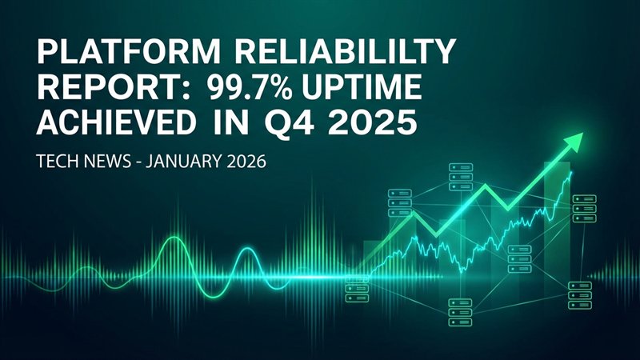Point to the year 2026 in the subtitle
248,161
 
